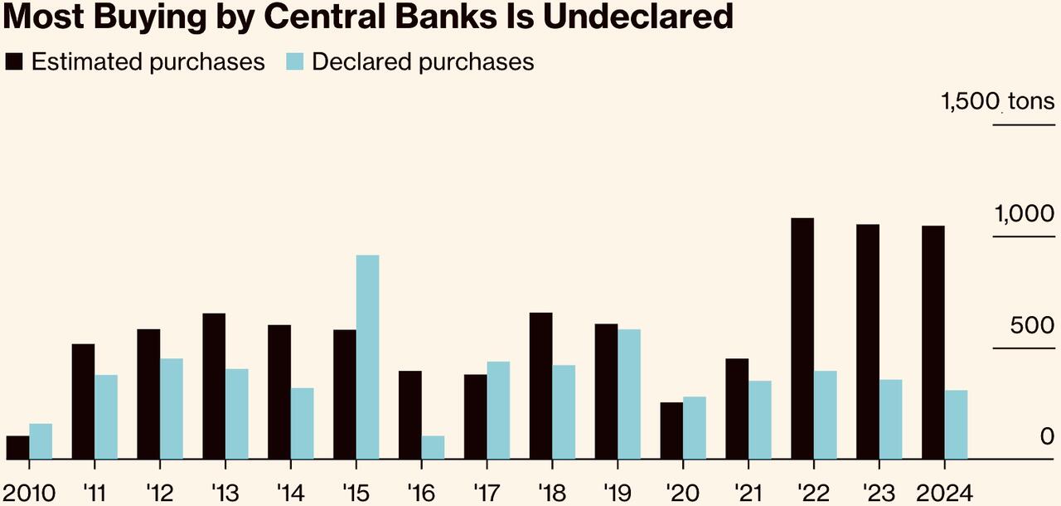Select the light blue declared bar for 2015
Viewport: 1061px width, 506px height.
(x=367, y=357)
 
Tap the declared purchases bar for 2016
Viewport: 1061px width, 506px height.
(x=433, y=447)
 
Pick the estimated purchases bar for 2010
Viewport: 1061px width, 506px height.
(x=17, y=447)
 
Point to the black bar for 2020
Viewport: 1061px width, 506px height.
(x=671, y=431)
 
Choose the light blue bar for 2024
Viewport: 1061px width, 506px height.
(x=956, y=424)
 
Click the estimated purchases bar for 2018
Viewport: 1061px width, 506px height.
(x=540, y=386)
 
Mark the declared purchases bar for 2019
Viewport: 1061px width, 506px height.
(x=629, y=394)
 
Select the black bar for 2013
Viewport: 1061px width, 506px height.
(x=214, y=386)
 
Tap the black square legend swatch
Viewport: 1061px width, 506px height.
(x=15, y=62)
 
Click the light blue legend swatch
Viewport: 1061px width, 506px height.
(x=296, y=62)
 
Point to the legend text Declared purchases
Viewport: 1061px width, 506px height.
(x=423, y=62)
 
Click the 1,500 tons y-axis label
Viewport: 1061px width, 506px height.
(x=997, y=102)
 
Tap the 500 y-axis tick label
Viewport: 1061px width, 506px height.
(x=1031, y=325)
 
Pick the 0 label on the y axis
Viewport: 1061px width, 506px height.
(x=1048, y=437)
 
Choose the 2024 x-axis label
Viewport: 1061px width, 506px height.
(x=943, y=493)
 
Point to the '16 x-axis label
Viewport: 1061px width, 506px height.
(x=421, y=493)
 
